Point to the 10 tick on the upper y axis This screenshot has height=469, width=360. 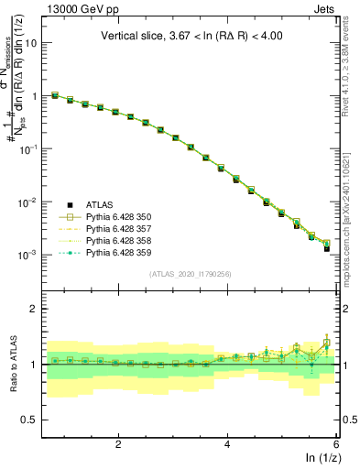tap(34, 43)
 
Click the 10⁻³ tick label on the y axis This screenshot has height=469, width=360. tap(30, 255)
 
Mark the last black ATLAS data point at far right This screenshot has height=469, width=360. tap(327, 248)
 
